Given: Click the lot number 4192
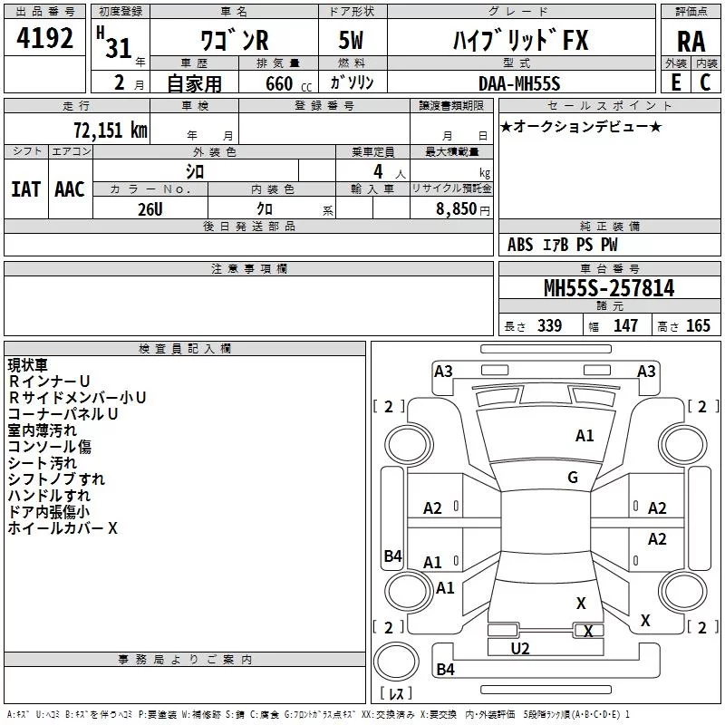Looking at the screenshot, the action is pyautogui.click(x=44, y=38).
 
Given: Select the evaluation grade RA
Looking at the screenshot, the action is pyautogui.click(x=691, y=42).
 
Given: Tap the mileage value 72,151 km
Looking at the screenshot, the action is pyautogui.click(x=110, y=130).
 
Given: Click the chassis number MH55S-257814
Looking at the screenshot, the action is pyautogui.click(x=609, y=287).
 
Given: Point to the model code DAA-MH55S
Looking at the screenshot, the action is pyautogui.click(x=519, y=83).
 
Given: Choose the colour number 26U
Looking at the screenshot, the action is pyautogui.click(x=150, y=209).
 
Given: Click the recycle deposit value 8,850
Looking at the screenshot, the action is pyautogui.click(x=456, y=208).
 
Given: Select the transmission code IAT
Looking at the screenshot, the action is pyautogui.click(x=26, y=189).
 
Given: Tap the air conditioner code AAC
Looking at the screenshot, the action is pyautogui.click(x=70, y=189).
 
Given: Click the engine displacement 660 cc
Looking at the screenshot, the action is pyautogui.click(x=288, y=83).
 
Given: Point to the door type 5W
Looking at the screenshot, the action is pyautogui.click(x=351, y=40).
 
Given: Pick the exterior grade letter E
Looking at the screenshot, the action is pyautogui.click(x=676, y=82).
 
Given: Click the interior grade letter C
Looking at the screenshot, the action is pyautogui.click(x=705, y=82).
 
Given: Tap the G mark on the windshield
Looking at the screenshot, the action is pyautogui.click(x=573, y=477).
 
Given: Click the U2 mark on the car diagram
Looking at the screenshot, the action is pyautogui.click(x=519, y=649).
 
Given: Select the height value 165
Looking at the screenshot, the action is pyautogui.click(x=698, y=325).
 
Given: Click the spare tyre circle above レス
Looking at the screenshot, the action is pyautogui.click(x=396, y=661).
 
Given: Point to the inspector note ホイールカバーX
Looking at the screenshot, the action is pyautogui.click(x=63, y=528).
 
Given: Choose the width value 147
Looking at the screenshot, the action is pyautogui.click(x=625, y=325).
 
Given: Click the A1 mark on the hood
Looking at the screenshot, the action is pyautogui.click(x=585, y=436).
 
